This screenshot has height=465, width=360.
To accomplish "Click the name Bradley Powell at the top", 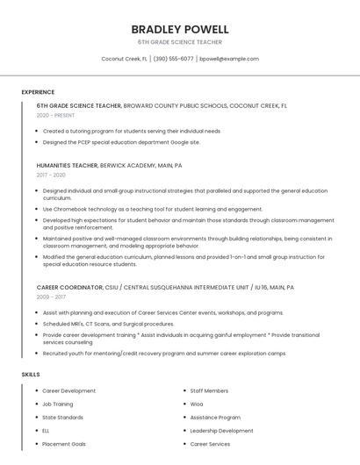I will click(179, 29).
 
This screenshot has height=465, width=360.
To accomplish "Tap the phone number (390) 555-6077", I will click(174, 59).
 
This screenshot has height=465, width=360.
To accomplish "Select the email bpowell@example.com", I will click(229, 59).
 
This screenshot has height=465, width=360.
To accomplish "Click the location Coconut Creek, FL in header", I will click(124, 59).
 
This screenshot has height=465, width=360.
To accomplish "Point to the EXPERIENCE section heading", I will click(38, 92).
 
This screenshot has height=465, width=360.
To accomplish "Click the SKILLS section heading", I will click(31, 375).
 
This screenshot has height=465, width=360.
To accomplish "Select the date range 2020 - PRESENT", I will click(56, 115).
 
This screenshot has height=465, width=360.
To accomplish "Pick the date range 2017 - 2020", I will click(51, 175).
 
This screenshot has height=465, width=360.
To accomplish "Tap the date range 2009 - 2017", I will click(51, 297).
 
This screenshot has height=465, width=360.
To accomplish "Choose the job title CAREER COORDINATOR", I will click(69, 287).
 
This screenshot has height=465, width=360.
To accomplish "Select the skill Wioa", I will click(197, 404).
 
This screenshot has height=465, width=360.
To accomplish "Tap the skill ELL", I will click(47, 431).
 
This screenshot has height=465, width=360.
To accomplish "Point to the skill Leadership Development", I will click(221, 431).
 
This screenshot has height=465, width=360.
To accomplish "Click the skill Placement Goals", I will click(64, 444).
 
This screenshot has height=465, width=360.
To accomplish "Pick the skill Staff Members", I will click(209, 390).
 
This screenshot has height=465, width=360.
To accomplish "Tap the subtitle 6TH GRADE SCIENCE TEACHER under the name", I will click(179, 42).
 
